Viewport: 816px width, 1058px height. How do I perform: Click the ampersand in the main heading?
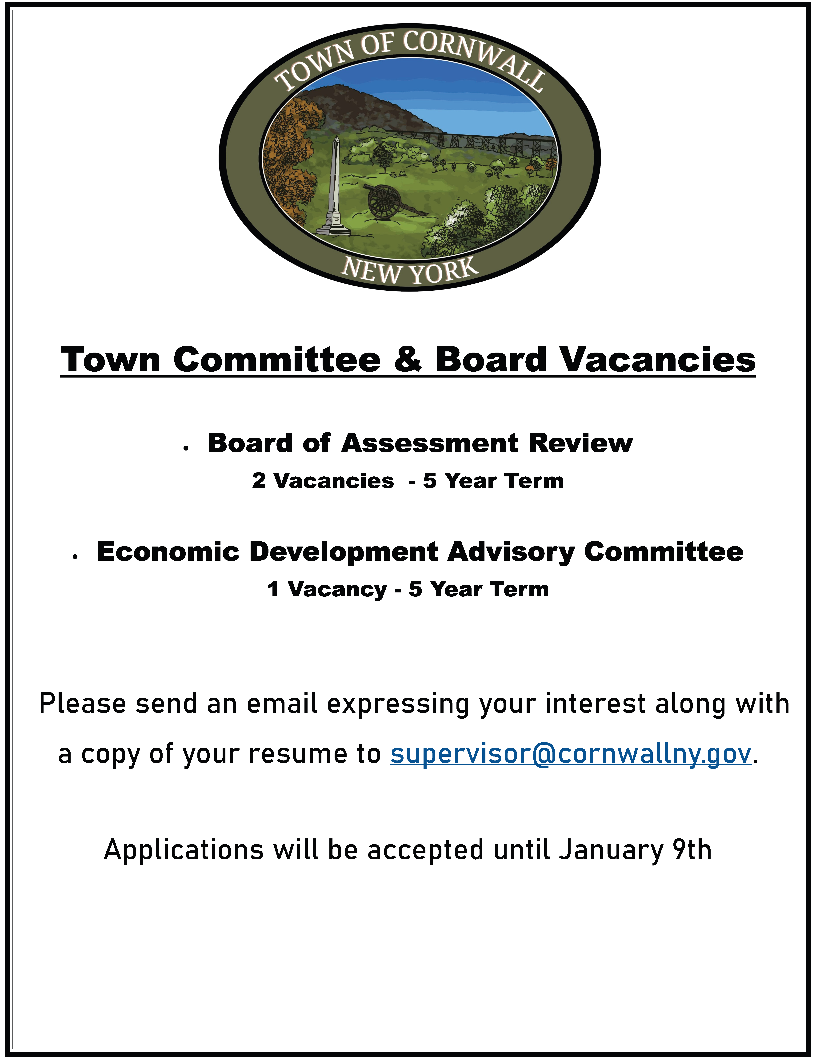408,359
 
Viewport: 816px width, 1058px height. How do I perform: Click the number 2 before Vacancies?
259,481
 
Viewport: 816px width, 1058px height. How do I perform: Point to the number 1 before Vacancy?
273,590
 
